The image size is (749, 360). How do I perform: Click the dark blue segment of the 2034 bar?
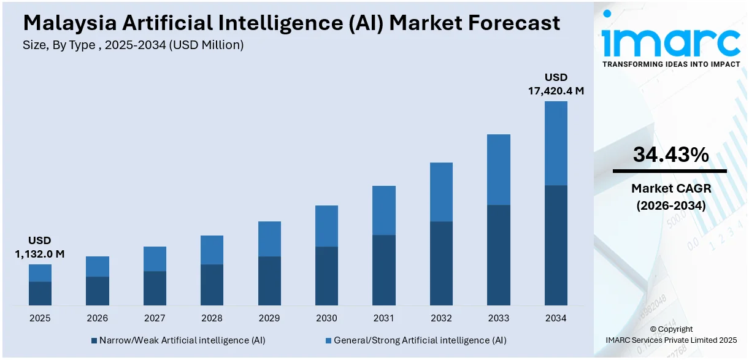pyautogui.click(x=556, y=245)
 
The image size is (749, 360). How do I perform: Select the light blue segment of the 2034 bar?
pyautogui.click(x=556, y=143)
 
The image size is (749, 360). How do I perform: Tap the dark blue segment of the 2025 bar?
pyautogui.click(x=40, y=293)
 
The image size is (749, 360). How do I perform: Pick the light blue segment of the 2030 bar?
pyautogui.click(x=326, y=226)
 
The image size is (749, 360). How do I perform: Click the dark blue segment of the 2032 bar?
pyautogui.click(x=441, y=263)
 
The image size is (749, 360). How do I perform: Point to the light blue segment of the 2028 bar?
pyautogui.click(x=212, y=250)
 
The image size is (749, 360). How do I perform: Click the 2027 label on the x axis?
pyautogui.click(x=155, y=318)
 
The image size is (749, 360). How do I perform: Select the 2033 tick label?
pyautogui.click(x=499, y=318)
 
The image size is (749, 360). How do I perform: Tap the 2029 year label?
pyautogui.click(x=269, y=318)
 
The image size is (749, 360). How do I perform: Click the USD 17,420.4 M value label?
pyautogui.click(x=556, y=84)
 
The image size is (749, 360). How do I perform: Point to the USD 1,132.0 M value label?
pyautogui.click(x=40, y=247)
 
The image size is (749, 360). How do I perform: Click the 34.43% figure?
pyautogui.click(x=670, y=155)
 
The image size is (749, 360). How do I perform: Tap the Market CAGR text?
pyautogui.click(x=670, y=188)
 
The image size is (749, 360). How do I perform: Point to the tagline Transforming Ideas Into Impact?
pyautogui.click(x=670, y=64)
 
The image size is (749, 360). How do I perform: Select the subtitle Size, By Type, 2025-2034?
pyautogui.click(x=133, y=45)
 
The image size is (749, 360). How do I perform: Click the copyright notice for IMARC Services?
pyautogui.click(x=670, y=334)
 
